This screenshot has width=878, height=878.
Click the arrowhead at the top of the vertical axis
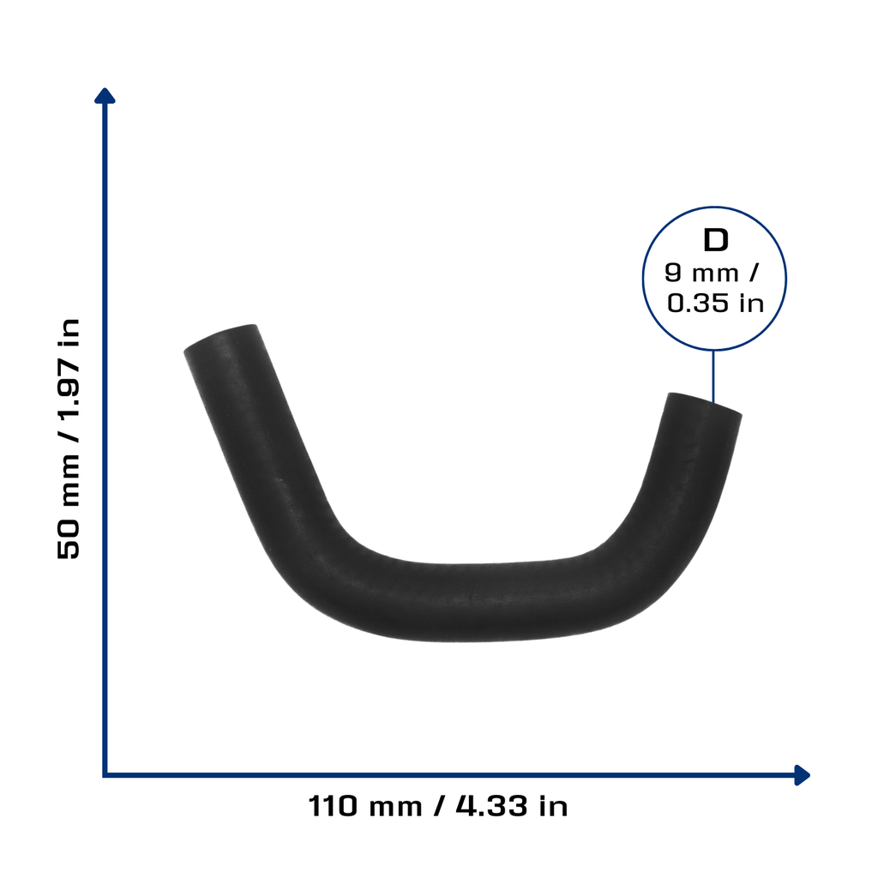pyautogui.click(x=105, y=96)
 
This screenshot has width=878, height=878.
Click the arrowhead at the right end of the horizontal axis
pyautogui.click(x=802, y=775)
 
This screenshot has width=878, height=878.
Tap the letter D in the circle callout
pyautogui.click(x=716, y=240)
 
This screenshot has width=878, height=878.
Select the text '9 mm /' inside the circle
pyautogui.click(x=711, y=273)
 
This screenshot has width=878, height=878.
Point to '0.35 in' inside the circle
pyautogui.click(x=715, y=303)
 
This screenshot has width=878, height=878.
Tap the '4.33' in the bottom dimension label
pyautogui.click(x=491, y=806)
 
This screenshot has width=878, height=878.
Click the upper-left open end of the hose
pyautogui.click(x=221, y=338)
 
